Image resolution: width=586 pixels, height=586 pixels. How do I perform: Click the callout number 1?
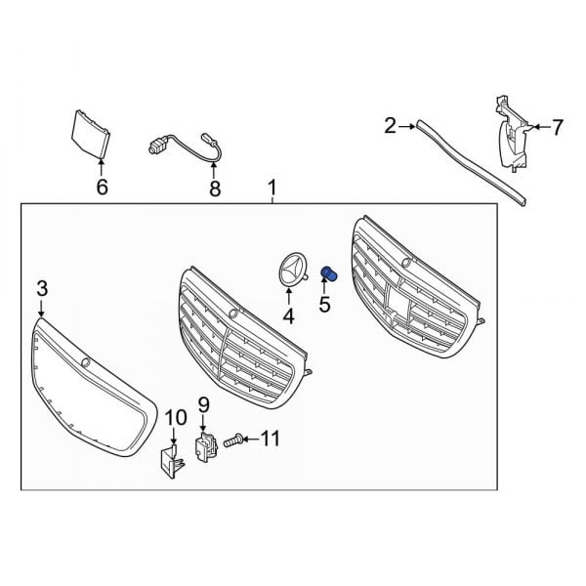pyautogui.click(x=272, y=187)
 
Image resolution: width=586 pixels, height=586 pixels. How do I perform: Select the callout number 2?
pyautogui.click(x=390, y=125)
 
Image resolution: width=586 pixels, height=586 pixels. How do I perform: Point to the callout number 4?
pyautogui.click(x=288, y=315)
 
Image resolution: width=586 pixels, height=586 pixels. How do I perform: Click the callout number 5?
pyautogui.click(x=325, y=305)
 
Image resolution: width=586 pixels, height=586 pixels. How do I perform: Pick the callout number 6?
pyautogui.click(x=103, y=186)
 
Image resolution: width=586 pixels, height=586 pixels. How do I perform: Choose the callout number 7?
pyautogui.click(x=558, y=126)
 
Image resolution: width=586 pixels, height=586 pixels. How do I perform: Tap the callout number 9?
pyautogui.click(x=204, y=403)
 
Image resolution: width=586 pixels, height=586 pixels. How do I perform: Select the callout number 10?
pyautogui.click(x=174, y=418)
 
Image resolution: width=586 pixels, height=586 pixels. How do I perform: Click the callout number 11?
pyautogui.click(x=270, y=439)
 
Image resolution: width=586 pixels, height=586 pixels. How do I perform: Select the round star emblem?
pyautogui.click(x=290, y=271)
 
